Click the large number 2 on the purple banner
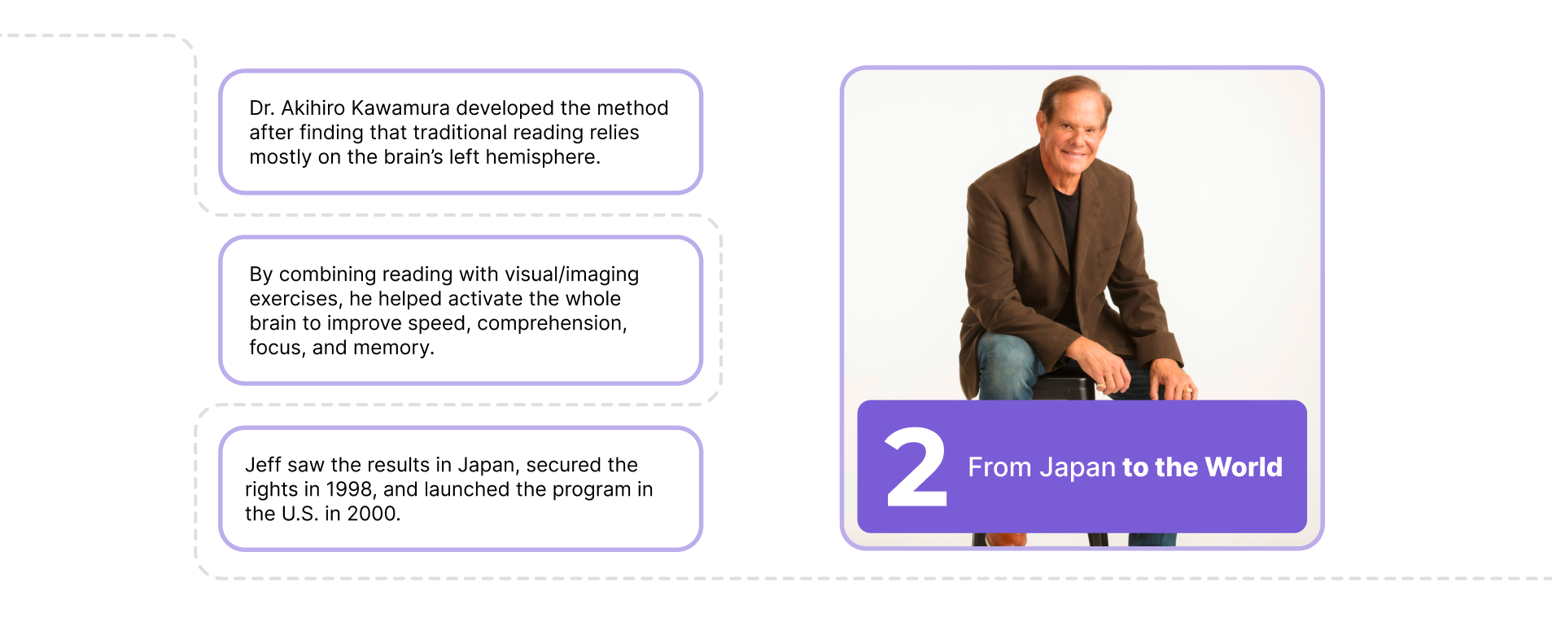(x=916, y=467)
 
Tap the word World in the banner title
(x=1244, y=467)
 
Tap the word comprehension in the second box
(x=552, y=324)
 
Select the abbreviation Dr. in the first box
(x=262, y=108)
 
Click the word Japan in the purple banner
(x=1078, y=468)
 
